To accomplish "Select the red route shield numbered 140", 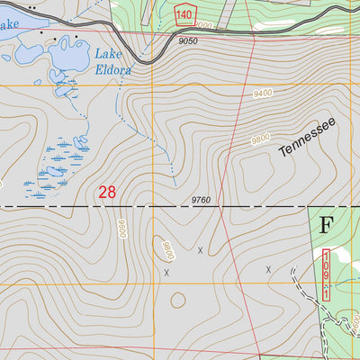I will [184, 14].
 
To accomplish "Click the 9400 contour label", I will [263, 94].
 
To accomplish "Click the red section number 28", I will [107, 192].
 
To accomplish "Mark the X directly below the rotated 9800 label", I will [166, 271].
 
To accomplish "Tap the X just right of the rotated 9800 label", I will [200, 250].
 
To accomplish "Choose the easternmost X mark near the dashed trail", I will [268, 268].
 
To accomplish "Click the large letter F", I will [327, 223].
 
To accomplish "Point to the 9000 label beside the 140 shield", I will [206, 26].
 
